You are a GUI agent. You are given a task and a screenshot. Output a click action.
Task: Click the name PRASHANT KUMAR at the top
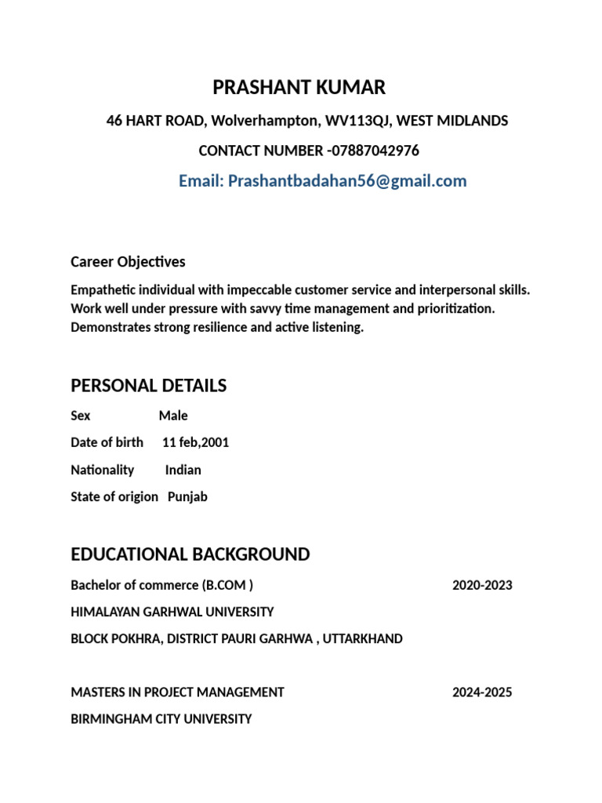point(299,88)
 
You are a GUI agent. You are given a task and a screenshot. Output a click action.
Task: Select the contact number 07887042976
point(375,151)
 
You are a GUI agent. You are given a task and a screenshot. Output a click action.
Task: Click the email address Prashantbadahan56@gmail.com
point(347,181)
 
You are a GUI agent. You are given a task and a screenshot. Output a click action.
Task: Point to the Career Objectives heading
point(128,261)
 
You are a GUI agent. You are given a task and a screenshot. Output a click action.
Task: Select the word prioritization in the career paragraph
point(458,309)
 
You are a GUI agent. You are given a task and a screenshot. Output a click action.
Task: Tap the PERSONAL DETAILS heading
point(148,386)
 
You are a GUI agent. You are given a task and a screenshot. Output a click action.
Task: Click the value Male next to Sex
point(173,416)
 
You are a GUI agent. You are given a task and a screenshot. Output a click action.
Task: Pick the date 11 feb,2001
point(195,442)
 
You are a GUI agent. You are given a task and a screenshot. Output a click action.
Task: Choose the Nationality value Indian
point(183,470)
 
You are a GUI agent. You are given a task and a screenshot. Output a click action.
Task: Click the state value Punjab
point(187,496)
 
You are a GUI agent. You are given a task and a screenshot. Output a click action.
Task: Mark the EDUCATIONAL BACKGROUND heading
point(190,554)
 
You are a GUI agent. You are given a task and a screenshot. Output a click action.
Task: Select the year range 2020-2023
point(482,585)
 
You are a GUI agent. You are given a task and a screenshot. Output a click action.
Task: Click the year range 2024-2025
point(482,692)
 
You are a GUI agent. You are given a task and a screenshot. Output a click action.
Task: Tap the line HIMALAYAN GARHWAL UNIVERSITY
point(172,612)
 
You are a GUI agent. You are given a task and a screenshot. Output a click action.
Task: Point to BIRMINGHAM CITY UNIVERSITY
point(161,718)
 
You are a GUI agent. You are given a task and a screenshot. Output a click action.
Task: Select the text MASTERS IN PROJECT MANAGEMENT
point(177,692)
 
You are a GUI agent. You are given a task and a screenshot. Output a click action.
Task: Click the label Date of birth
point(107,442)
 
